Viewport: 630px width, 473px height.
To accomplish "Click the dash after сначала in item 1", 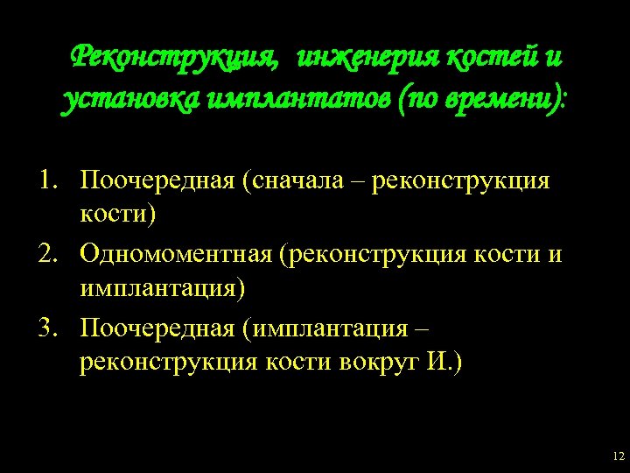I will [360, 182].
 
